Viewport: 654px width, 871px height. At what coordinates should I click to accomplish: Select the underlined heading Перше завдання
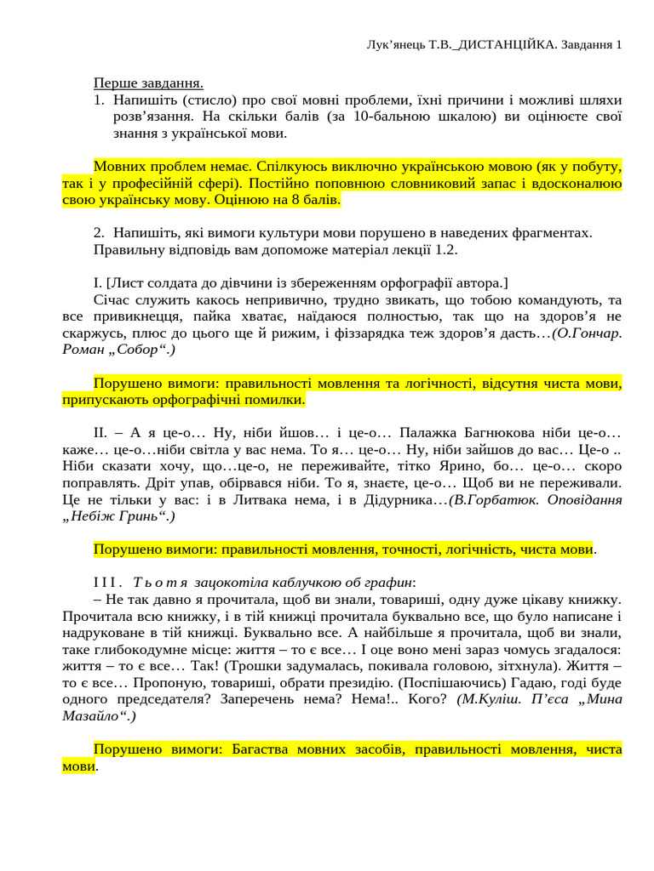[x=148, y=83]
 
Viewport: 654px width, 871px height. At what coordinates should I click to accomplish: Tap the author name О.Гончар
[x=587, y=333]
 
